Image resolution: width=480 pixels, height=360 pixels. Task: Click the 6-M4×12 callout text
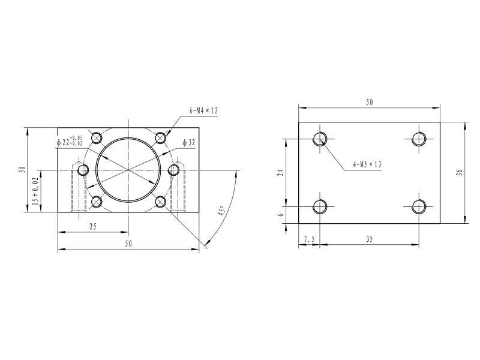tap(203, 110)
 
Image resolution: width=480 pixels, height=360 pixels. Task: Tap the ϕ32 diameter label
tap(188, 143)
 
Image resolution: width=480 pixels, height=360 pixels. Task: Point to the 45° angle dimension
tap(221, 211)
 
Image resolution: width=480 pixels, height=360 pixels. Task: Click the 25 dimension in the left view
tap(94, 227)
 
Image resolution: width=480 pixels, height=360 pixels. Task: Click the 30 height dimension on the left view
tap(22, 169)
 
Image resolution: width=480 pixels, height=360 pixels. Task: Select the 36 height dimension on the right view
tap(459, 172)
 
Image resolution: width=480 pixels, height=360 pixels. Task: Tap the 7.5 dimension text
tap(309, 239)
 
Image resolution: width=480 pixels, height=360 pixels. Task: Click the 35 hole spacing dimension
tap(369, 239)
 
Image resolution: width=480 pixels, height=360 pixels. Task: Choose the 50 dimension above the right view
tap(369, 103)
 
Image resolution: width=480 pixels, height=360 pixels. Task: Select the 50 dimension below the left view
tap(128, 244)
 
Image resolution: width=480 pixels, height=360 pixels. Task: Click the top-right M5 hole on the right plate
tap(419, 139)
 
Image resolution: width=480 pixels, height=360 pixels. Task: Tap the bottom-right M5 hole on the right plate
tap(419, 207)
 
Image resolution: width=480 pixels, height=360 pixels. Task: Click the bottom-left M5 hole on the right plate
tap(320, 207)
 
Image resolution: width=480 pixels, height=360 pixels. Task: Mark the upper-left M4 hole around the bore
tap(97, 138)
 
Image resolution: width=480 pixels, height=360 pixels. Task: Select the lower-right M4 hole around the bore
tap(160, 202)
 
